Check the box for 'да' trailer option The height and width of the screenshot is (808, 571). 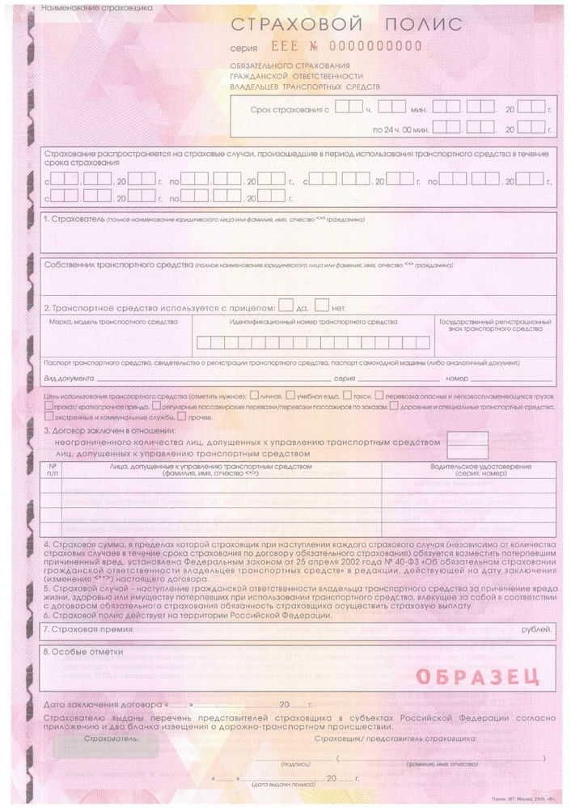tap(285, 306)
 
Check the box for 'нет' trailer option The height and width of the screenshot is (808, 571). tap(321, 306)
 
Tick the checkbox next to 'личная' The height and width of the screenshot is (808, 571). tap(254, 396)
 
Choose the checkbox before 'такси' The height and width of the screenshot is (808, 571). tap(346, 396)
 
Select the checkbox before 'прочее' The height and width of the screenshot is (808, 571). tap(181, 417)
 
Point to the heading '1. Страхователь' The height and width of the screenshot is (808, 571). tap(74, 220)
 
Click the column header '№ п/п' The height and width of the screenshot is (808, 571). tap(53, 470)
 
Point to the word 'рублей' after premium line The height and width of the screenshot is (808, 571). tap(535, 628)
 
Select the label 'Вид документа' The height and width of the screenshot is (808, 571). tap(70, 379)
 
